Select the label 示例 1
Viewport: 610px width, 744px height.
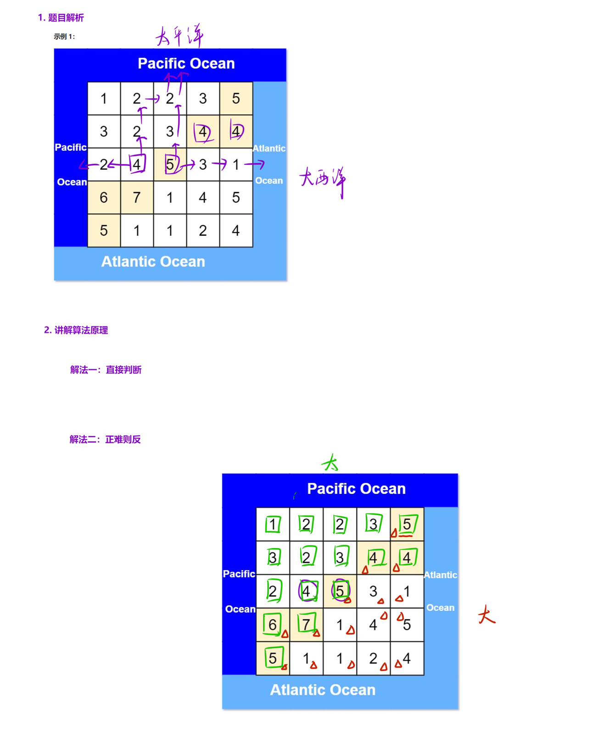[x=64, y=37]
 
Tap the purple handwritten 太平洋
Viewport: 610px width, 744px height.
[x=179, y=36]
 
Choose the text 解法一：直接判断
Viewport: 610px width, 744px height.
[x=106, y=370]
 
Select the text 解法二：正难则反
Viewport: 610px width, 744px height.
[x=105, y=440]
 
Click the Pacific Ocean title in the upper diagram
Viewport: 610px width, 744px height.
[x=186, y=63]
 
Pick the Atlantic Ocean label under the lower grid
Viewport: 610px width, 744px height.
[x=323, y=690]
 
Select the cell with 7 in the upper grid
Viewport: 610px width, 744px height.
[x=137, y=198]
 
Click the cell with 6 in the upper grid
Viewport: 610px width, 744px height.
[x=104, y=198]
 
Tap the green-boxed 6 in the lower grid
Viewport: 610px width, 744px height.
[x=273, y=624]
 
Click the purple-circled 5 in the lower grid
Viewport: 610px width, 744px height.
[x=340, y=591]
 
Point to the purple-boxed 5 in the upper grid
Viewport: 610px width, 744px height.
[x=170, y=164]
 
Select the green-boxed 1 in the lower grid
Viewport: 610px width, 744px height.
[x=273, y=524]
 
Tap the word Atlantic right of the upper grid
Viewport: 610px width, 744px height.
[x=269, y=149]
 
